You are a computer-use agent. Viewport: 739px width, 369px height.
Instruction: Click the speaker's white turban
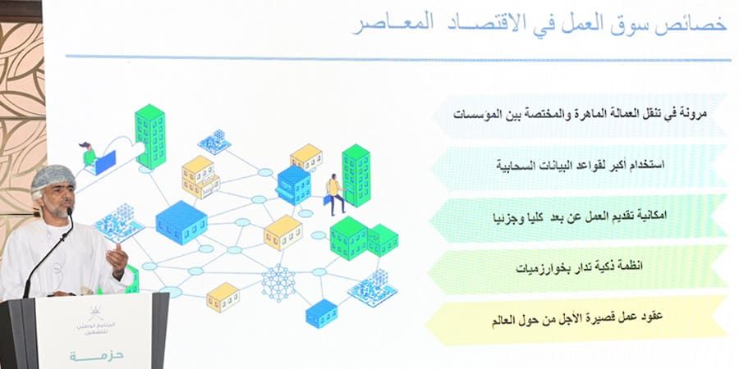click(x=54, y=176)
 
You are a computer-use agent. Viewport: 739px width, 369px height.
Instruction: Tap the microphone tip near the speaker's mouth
click(x=70, y=212)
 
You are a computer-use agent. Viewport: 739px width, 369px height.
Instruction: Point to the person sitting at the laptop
click(x=88, y=155)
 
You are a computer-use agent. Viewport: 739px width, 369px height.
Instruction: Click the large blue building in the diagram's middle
click(x=180, y=221)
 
